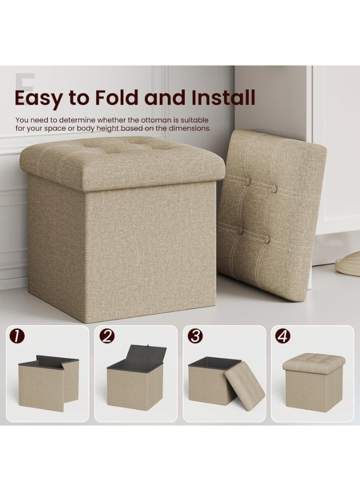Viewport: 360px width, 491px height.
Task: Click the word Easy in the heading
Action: [x=39, y=99]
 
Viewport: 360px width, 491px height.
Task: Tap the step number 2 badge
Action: [x=107, y=337]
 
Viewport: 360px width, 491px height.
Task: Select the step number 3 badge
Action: [x=195, y=337]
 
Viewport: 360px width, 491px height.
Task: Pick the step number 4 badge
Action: [x=283, y=337]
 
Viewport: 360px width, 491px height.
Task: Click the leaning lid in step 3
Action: [x=245, y=384]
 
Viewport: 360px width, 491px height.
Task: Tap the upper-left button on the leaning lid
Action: [x=247, y=182]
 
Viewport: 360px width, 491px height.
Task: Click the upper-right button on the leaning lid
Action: [x=274, y=189]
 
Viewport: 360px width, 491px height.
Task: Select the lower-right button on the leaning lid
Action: [x=266, y=239]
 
